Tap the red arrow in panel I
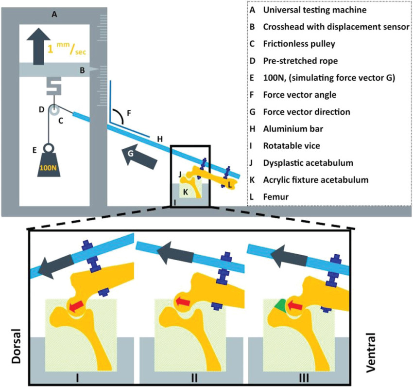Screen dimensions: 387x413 pyautogui.click(x=75, y=306)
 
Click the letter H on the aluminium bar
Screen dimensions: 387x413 pyautogui.click(x=159, y=140)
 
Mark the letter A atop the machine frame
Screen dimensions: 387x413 pyautogui.click(x=54, y=15)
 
